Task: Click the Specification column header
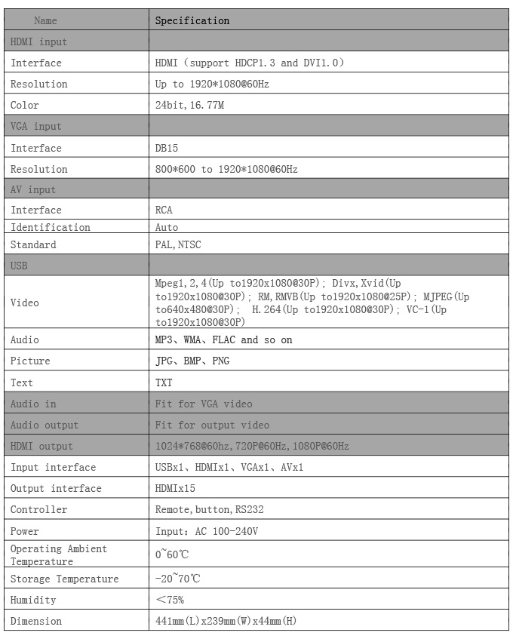click(x=192, y=20)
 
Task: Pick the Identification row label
click(x=51, y=227)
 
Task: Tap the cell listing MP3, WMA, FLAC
click(x=223, y=340)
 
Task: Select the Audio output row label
click(x=45, y=425)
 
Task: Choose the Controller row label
click(x=39, y=510)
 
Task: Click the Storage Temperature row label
click(x=65, y=579)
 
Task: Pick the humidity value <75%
click(x=169, y=600)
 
